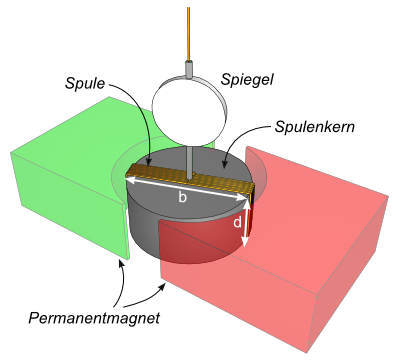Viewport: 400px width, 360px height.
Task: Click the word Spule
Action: pyautogui.click(x=85, y=83)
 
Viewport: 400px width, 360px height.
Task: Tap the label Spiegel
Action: pyautogui.click(x=247, y=80)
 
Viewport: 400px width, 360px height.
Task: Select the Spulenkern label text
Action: pyautogui.click(x=315, y=127)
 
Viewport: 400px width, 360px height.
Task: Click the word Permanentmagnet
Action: pyautogui.click(x=94, y=318)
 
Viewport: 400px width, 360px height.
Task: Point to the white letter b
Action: pyautogui.click(x=182, y=198)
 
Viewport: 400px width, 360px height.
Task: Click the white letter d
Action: pyautogui.click(x=237, y=222)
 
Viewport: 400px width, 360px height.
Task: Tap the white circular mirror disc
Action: pyautogui.click(x=187, y=111)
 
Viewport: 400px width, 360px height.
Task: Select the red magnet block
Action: pyautogui.click(x=300, y=240)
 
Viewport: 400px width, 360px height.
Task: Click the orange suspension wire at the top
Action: pyautogui.click(x=189, y=34)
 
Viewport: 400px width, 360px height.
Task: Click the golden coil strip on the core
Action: pyautogui.click(x=190, y=181)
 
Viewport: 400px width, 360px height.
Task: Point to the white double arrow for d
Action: pyautogui.click(x=246, y=224)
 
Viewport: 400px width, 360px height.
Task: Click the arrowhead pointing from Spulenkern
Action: pyautogui.click(x=225, y=162)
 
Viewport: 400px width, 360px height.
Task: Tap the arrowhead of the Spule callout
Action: pyautogui.click(x=150, y=161)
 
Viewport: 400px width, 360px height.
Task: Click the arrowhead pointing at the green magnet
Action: pyautogui.click(x=121, y=264)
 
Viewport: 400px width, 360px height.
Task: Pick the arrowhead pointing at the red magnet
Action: pyautogui.click(x=163, y=286)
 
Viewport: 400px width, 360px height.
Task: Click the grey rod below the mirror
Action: pyautogui.click(x=190, y=162)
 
